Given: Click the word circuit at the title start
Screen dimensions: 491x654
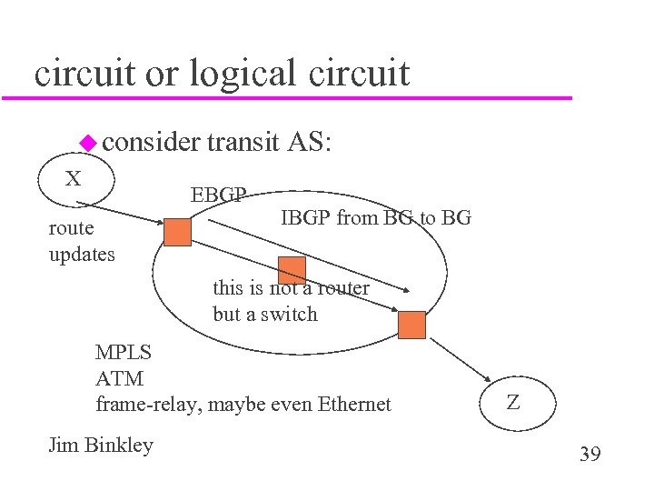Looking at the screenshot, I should click(85, 73).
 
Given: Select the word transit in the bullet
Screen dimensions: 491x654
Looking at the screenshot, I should click(243, 142).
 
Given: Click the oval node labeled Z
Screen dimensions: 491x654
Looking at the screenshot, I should click(513, 402).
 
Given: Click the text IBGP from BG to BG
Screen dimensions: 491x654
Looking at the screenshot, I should click(375, 217).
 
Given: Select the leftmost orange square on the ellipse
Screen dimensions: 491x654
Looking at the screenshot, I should click(177, 233).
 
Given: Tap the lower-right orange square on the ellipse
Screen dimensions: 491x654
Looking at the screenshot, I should click(411, 325).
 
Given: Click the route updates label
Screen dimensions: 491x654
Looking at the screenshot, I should click(82, 242).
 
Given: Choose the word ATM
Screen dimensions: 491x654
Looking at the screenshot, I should click(119, 378).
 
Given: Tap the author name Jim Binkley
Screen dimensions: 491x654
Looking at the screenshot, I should click(100, 445).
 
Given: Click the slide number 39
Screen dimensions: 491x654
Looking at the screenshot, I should click(590, 453).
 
